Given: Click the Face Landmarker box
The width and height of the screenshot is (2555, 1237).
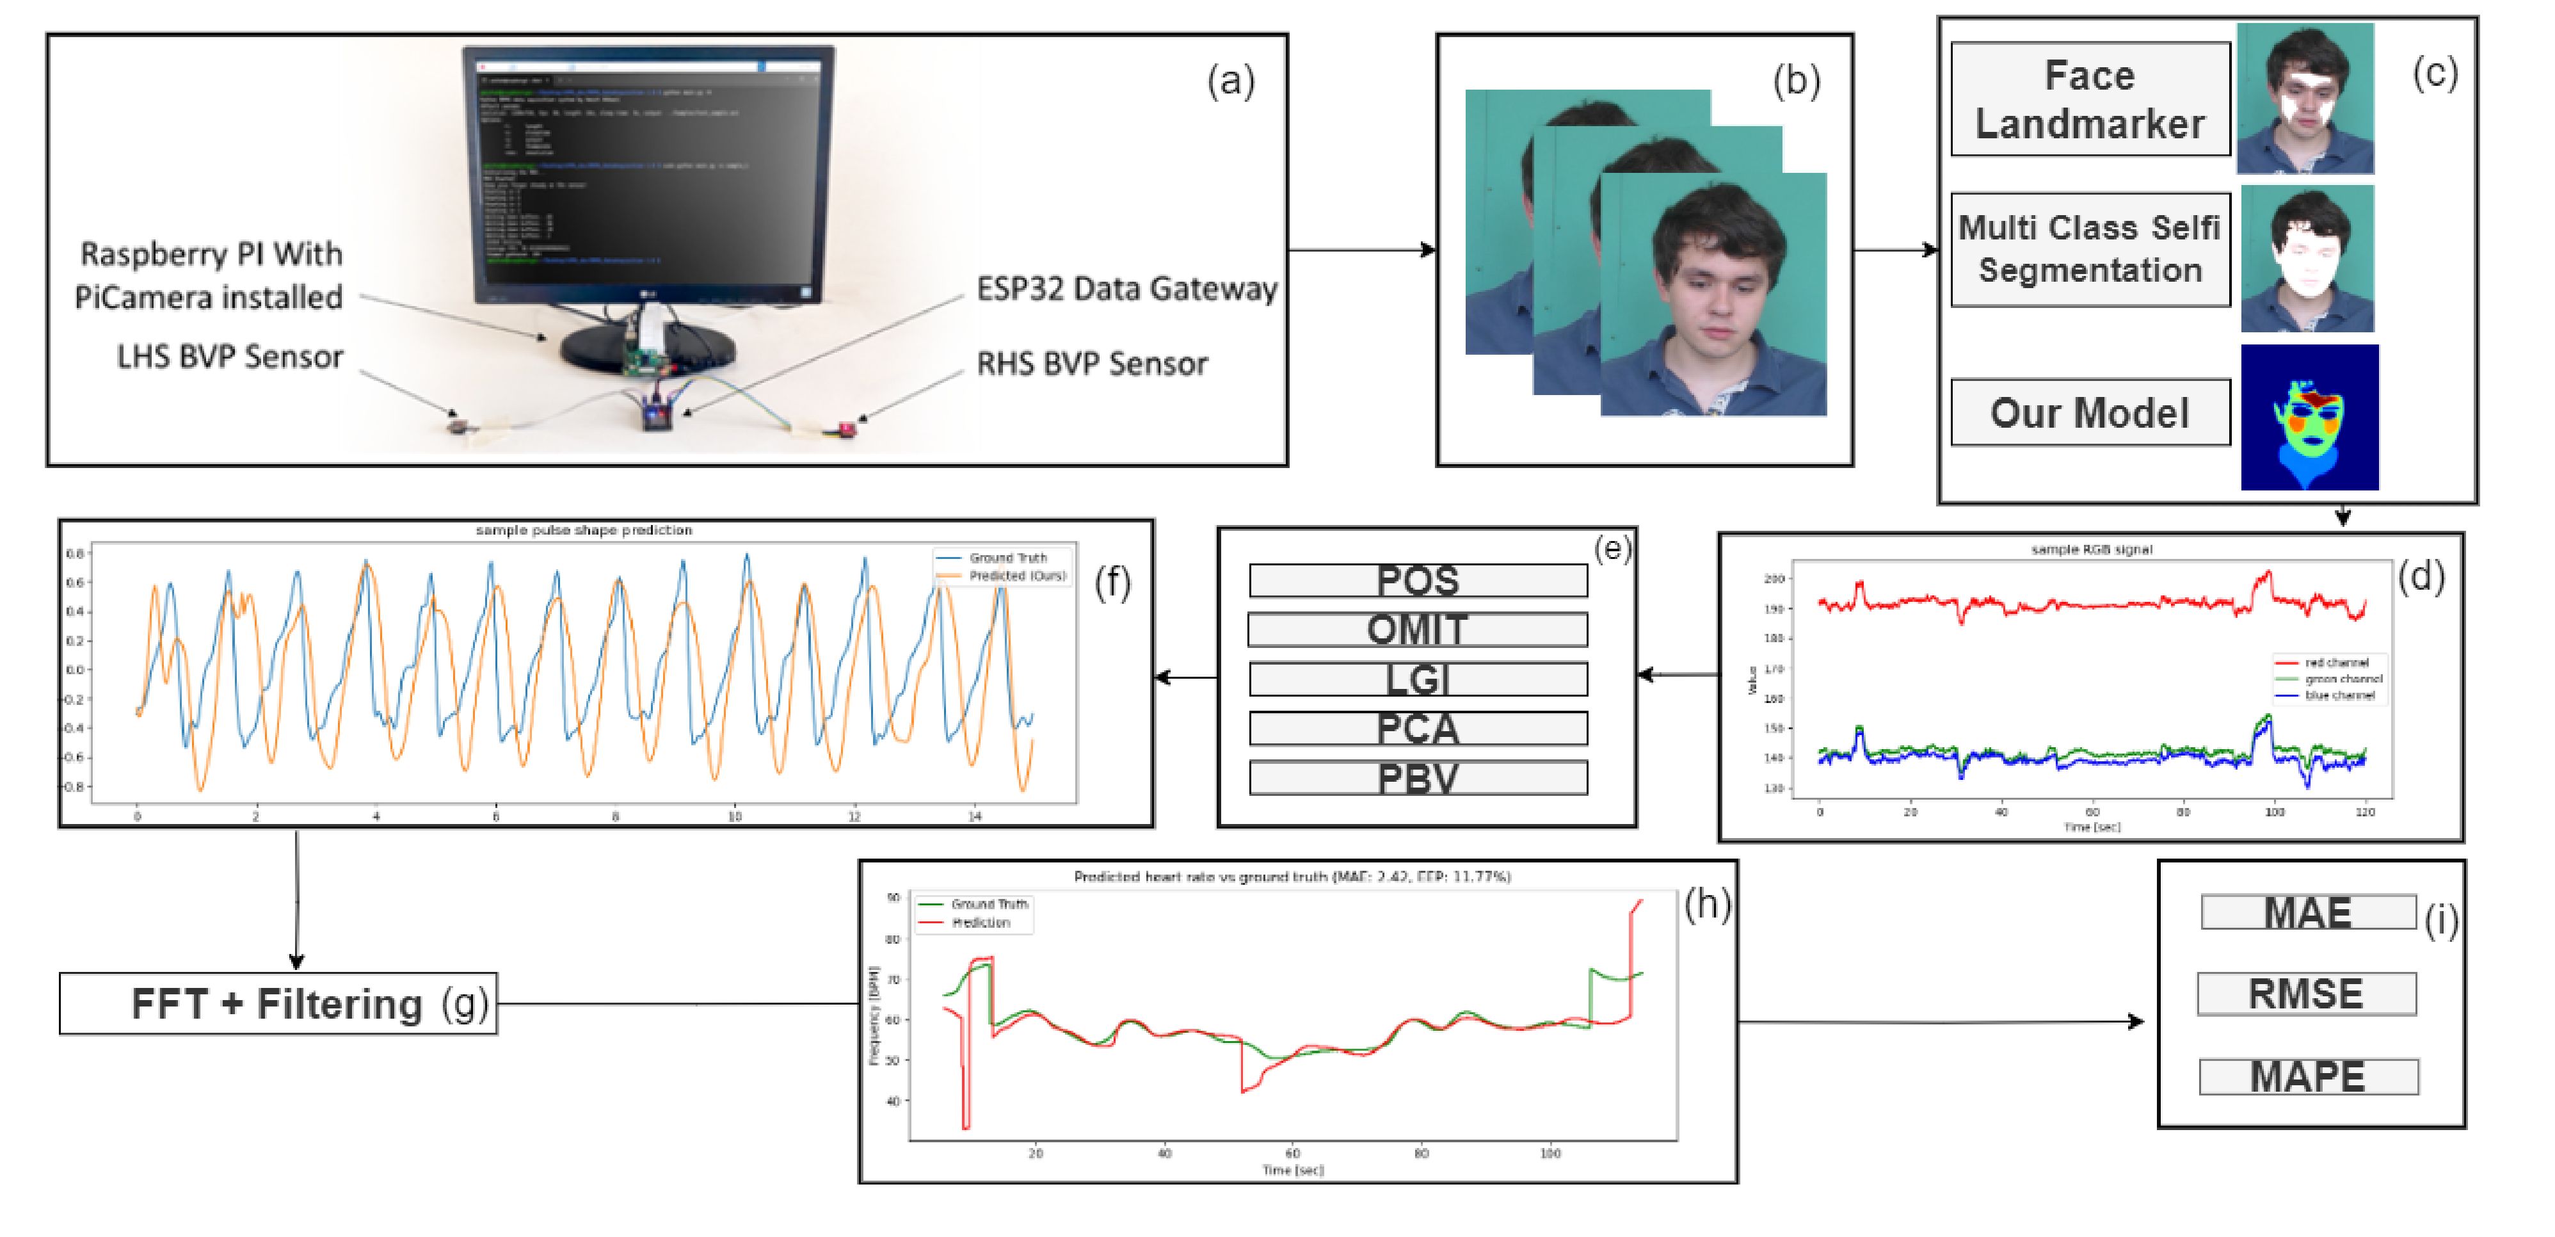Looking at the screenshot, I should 2089,99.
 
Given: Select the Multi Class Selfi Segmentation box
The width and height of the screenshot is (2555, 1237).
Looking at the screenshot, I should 2089,250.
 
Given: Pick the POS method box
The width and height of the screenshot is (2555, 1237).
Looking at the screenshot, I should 1418,580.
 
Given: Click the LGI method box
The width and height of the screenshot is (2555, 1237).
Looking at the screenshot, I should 1418,679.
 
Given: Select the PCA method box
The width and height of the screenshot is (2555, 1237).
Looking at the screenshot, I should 1418,728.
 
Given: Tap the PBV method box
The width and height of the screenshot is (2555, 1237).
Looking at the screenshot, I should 1418,778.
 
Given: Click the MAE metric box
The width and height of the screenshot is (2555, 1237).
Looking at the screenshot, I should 2307,912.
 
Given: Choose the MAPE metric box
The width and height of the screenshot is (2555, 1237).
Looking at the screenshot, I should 2308,1076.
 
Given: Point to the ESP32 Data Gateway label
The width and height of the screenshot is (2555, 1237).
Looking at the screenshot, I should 1126,289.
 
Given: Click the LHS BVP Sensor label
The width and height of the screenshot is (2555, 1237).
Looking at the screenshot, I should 230,356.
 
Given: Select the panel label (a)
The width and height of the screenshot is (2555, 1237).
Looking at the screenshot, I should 1230,80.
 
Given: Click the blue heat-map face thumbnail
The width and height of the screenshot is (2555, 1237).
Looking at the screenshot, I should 2309,417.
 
